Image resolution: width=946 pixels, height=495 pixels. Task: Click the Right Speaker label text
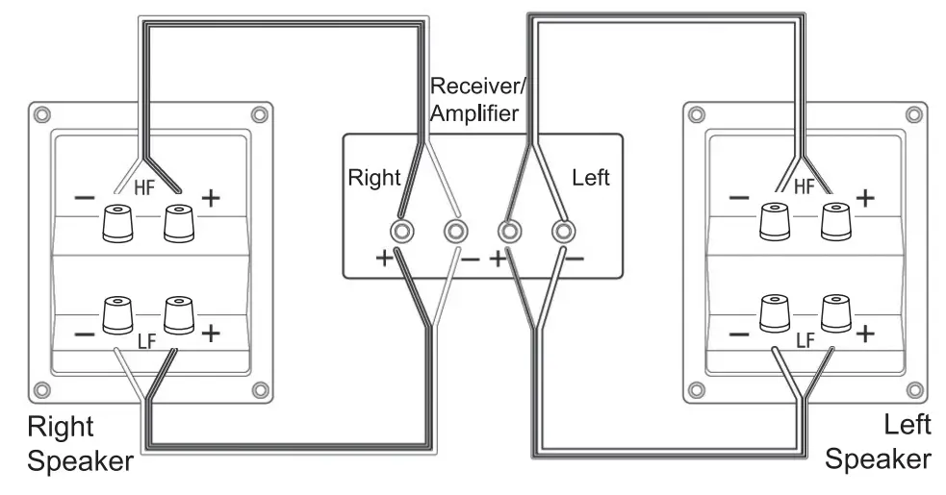pos(79,442)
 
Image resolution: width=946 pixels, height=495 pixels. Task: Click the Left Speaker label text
pos(878,442)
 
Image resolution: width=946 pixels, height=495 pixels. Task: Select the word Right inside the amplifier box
pos(373,178)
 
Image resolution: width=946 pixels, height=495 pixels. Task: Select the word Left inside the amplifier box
pos(590,178)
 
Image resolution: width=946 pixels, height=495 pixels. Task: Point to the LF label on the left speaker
pos(805,340)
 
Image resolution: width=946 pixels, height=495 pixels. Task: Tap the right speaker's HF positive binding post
pos(175,222)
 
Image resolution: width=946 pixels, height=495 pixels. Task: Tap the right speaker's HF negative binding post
pos(117,222)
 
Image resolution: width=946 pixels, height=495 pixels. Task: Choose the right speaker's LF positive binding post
pos(175,314)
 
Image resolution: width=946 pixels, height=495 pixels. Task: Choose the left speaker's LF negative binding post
pos(775,313)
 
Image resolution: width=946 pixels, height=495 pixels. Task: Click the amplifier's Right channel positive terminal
pos(401,231)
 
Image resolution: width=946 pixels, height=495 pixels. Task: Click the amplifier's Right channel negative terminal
pos(455,231)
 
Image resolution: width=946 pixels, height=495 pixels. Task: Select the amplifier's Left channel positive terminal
pos(508,231)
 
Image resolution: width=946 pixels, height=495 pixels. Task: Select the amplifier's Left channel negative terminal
pos(562,231)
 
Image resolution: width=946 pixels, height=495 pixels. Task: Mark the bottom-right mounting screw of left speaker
pos(914,391)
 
